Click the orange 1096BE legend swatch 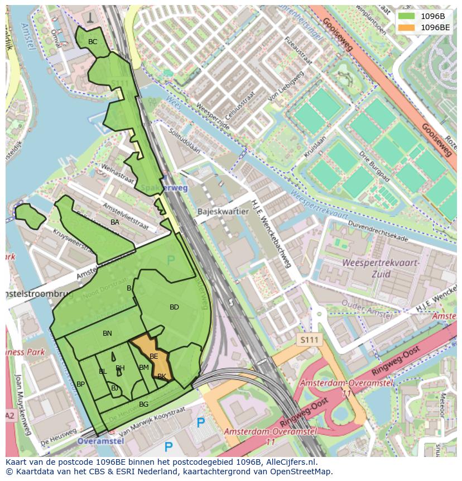[406, 27]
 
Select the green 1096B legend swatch [406, 16]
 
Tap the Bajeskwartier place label [223, 212]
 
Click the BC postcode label [93, 42]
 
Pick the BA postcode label [115, 222]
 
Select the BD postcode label [174, 307]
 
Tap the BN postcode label [107, 334]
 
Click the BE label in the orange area [153, 356]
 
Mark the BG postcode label [143, 404]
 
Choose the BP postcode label [80, 384]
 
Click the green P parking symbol [171, 260]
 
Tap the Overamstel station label [100, 441]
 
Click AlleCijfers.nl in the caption [290, 462]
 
